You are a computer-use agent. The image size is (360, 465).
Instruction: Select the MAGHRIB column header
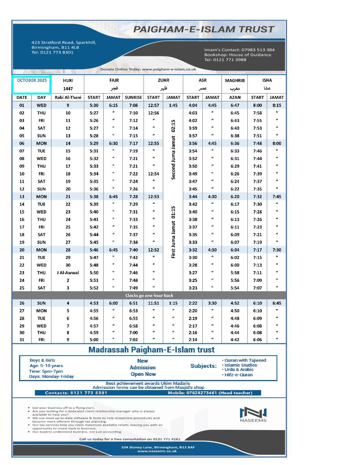tap(235, 80)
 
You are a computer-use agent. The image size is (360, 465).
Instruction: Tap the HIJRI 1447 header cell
tap(68, 84)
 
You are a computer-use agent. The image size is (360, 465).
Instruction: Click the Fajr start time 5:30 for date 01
tap(94, 105)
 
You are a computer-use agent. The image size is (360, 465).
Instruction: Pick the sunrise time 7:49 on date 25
tap(134, 288)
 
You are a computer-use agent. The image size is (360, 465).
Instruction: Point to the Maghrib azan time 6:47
tap(235, 105)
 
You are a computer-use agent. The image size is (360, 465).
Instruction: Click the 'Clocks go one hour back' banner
tap(149, 295)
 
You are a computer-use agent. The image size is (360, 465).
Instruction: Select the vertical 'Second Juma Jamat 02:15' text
tap(174, 149)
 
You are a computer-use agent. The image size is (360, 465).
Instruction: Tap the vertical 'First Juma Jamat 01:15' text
tap(174, 232)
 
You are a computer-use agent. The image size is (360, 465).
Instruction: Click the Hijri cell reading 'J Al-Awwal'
tap(68, 273)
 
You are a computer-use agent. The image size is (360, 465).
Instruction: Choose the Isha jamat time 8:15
tap(277, 105)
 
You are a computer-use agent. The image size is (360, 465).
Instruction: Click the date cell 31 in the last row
tap(22, 340)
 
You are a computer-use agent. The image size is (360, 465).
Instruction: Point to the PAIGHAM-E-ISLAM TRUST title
tap(204, 29)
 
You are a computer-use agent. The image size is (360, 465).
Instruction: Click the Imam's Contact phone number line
tap(239, 50)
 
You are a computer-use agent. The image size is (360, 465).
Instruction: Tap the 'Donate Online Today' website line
tap(148, 69)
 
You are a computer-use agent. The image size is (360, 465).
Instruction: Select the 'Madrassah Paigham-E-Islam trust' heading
tap(152, 350)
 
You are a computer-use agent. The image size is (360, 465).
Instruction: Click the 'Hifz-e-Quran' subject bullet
tap(238, 375)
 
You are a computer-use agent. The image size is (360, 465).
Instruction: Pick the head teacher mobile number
tap(210, 392)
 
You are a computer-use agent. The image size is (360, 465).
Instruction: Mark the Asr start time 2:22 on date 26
tap(193, 303)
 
